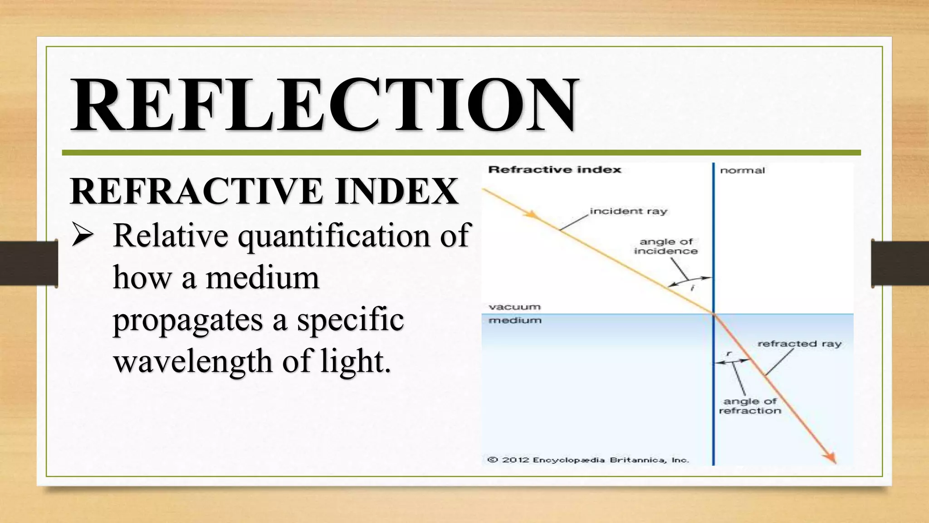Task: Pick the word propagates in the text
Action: (x=188, y=320)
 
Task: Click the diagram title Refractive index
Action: (x=554, y=170)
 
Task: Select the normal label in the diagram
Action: (x=742, y=171)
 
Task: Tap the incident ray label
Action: (x=628, y=211)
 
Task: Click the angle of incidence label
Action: (x=666, y=247)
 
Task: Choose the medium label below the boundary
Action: (x=515, y=321)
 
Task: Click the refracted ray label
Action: (x=799, y=344)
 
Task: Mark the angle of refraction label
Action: (x=750, y=406)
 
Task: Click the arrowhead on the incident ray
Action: (x=531, y=215)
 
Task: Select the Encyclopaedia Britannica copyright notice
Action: (x=588, y=460)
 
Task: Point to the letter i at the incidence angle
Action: (x=693, y=288)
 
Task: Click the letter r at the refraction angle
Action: (x=729, y=353)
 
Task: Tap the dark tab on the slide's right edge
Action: (x=900, y=263)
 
